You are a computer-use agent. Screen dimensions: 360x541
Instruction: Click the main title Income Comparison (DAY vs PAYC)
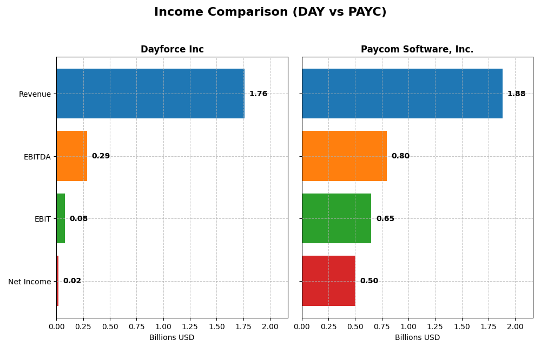[270, 12]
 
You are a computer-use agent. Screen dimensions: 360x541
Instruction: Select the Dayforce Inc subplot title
[172, 49]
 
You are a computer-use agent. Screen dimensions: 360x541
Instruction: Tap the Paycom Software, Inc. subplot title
[417, 49]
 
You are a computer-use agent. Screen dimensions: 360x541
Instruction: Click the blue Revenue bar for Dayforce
[150, 94]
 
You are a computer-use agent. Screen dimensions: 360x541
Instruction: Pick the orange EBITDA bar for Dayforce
[71, 156]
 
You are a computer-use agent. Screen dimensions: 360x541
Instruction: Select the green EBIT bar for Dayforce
[61, 218]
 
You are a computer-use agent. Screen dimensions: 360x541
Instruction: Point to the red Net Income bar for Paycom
[328, 281]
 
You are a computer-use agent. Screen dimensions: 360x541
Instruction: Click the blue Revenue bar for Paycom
[402, 94]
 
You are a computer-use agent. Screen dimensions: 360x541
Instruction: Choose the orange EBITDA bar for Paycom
[344, 156]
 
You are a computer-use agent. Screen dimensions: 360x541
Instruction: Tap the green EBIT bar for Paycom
[337, 218]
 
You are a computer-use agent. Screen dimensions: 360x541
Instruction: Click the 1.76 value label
[258, 94]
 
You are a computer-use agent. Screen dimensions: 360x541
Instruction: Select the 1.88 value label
[516, 94]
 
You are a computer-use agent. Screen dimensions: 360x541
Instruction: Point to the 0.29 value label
[101, 156]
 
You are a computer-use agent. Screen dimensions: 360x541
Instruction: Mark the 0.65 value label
[385, 219]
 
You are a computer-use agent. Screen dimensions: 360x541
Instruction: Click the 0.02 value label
[72, 281]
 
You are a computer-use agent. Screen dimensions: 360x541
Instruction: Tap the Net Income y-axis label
[29, 282]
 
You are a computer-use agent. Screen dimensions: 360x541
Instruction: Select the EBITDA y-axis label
[37, 157]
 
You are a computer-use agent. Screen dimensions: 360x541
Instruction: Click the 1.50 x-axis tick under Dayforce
[217, 326]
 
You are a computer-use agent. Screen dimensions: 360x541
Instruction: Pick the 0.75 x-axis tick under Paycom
[381, 326]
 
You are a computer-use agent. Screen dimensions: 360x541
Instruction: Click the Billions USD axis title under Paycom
[417, 337]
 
